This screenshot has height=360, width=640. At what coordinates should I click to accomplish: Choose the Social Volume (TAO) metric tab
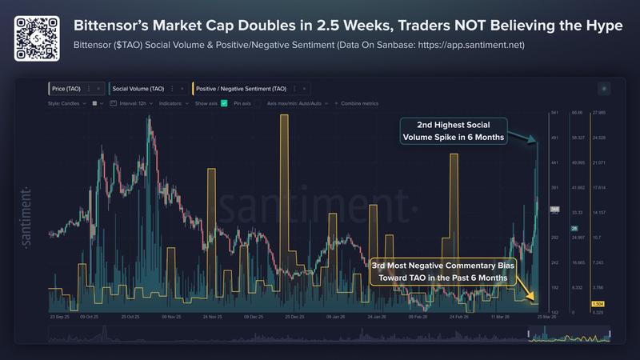139,88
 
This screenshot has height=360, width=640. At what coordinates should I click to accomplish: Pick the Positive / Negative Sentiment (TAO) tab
246,88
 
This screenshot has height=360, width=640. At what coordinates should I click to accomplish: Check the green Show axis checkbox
224,103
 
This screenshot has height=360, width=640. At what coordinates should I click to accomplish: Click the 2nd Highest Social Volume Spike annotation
453,131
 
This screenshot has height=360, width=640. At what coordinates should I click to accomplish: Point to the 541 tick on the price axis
554,113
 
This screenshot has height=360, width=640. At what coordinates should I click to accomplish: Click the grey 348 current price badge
554,210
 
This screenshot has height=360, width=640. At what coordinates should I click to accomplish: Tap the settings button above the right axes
603,88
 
